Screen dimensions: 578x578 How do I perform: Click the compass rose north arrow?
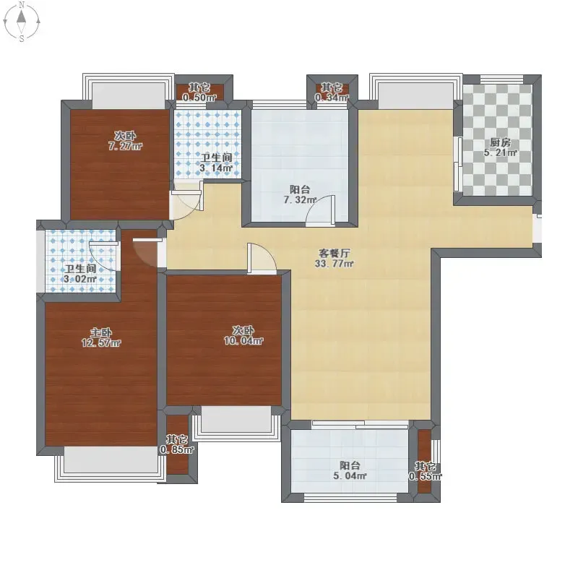tap(22, 17)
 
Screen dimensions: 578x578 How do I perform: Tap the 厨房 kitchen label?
tap(500, 142)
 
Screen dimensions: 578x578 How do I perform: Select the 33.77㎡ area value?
tap(335, 264)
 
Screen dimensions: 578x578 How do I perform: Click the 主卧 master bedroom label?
tap(101, 332)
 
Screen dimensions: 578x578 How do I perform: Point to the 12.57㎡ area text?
tap(101, 342)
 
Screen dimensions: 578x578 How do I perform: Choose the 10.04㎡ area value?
tap(243, 340)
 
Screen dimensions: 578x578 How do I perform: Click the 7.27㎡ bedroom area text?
tap(125, 146)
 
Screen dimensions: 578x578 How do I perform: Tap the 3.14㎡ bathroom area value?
tap(216, 168)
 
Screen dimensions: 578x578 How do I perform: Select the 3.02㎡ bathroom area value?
tap(80, 279)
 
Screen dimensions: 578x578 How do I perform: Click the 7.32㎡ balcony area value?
tap(300, 200)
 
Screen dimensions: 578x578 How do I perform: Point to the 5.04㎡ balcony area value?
tap(350, 475)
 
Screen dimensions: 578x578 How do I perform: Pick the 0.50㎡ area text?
tap(199, 98)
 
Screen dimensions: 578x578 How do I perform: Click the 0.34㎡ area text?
tap(332, 98)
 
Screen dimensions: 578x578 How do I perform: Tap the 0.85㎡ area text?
tap(177, 449)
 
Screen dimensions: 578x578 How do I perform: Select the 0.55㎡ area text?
tap(425, 476)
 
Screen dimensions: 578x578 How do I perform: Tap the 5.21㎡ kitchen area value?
tap(500, 152)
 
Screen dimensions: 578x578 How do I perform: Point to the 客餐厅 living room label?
tap(335, 254)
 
